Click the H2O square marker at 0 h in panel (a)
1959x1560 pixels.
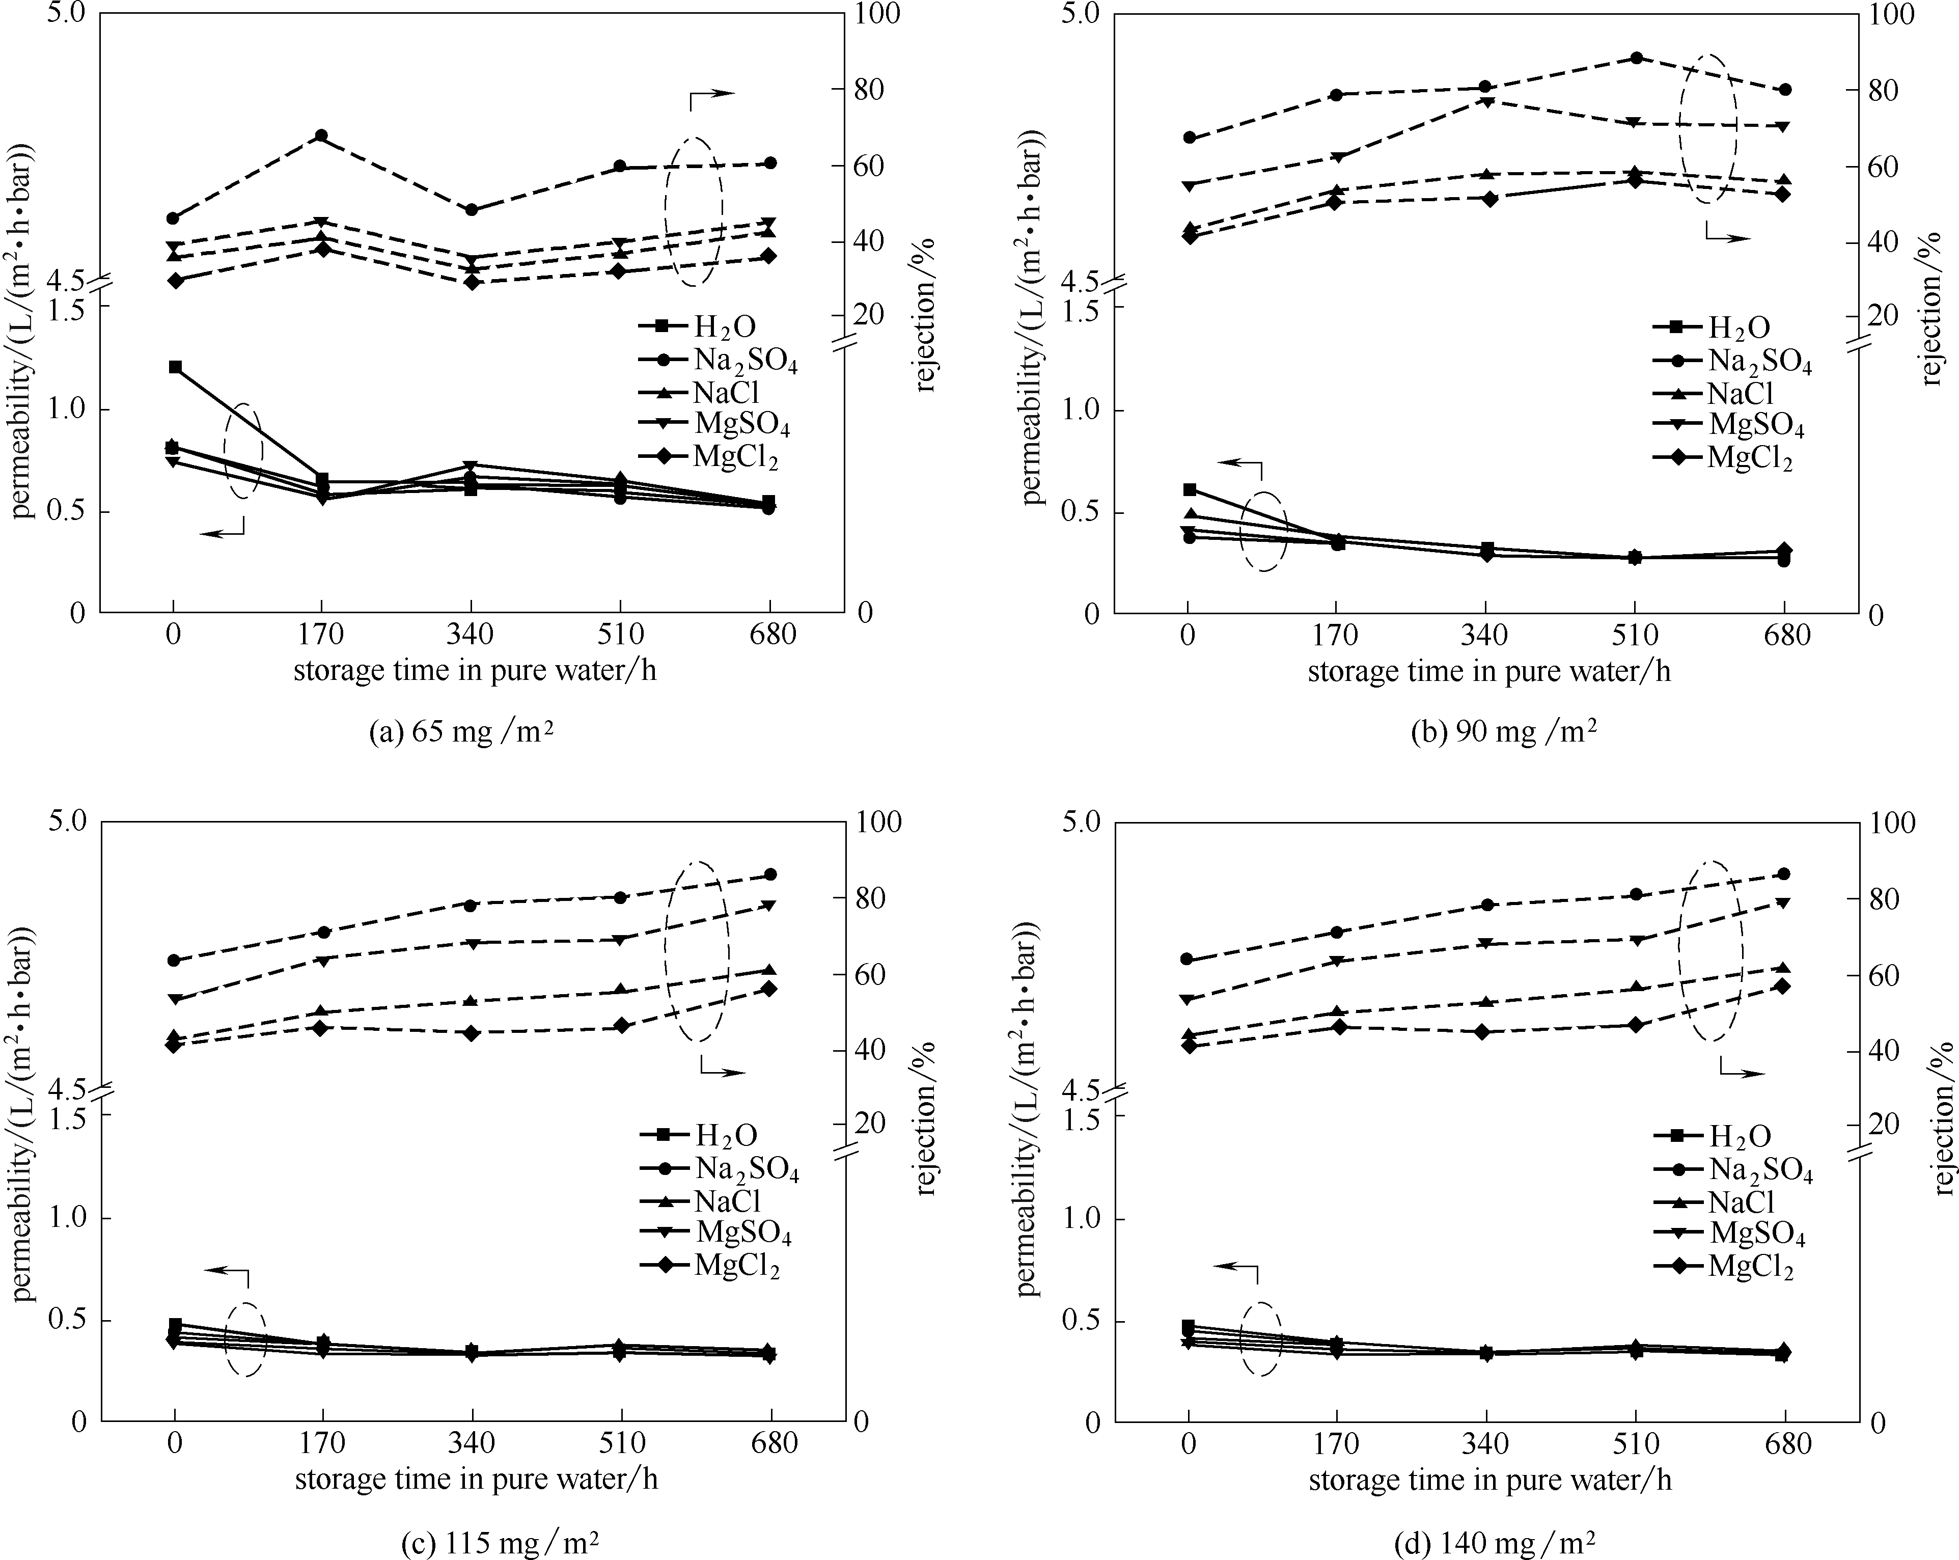pos(175,367)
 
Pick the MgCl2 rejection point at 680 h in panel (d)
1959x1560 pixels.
pos(1783,986)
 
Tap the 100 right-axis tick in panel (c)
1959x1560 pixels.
pos(878,822)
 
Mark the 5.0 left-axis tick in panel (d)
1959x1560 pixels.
pos(1081,822)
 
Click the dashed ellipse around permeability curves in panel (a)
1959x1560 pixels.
pos(243,451)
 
